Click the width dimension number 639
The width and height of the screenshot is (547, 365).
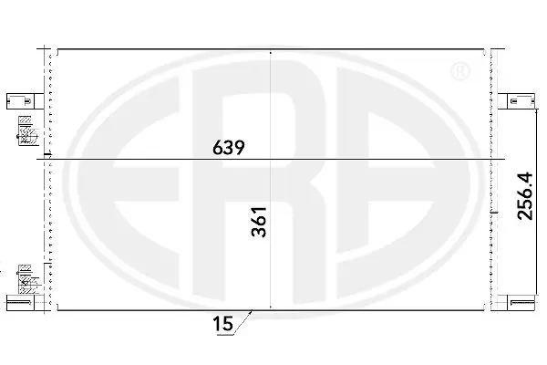[x=230, y=147]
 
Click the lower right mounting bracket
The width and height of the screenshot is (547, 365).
[x=521, y=305]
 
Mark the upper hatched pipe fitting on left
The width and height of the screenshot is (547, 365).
[x=26, y=132]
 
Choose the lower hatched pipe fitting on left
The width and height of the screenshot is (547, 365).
[x=26, y=279]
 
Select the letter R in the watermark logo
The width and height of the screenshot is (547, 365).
[x=273, y=182]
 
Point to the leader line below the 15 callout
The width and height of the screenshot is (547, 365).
[x=242, y=326]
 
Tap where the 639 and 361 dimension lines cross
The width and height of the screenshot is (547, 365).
[x=272, y=161]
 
